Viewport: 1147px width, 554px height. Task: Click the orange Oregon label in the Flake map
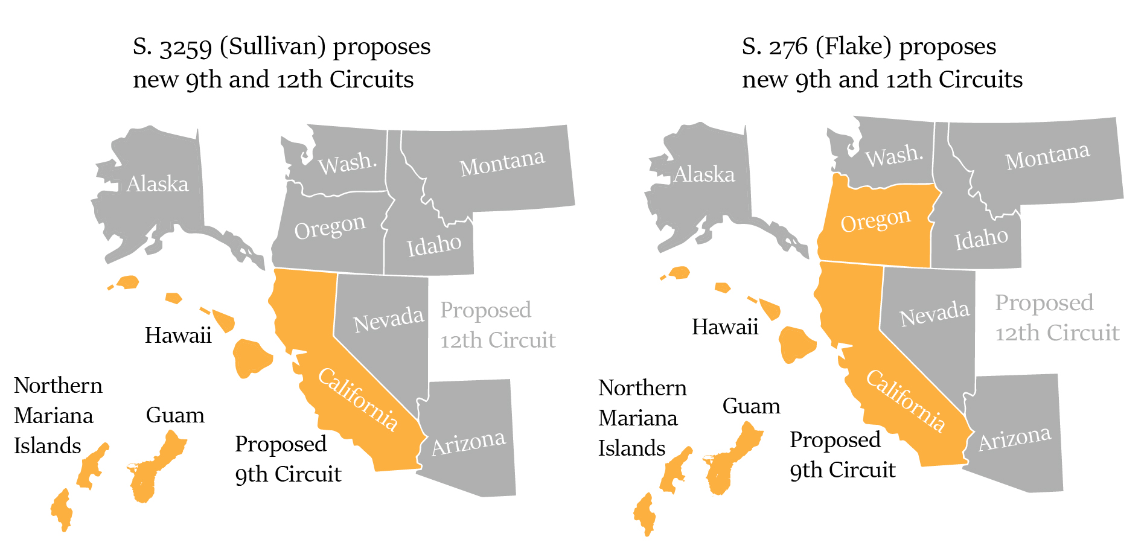[875, 220]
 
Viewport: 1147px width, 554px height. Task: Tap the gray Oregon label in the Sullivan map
[330, 228]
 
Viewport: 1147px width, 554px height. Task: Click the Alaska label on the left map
[157, 183]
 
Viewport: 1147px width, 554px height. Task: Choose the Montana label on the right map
[1047, 156]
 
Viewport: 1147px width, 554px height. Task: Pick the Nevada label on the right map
[934, 314]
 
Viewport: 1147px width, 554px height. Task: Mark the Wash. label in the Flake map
[893, 156]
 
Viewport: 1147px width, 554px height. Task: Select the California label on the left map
[357, 399]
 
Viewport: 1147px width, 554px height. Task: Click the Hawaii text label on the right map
[724, 327]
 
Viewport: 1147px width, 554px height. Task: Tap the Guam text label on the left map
[175, 415]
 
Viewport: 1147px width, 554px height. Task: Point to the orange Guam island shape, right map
[732, 462]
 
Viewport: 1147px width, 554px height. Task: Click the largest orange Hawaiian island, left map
[251, 357]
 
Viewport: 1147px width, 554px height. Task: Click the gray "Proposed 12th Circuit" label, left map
[497, 325]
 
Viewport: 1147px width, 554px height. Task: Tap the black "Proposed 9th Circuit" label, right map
[842, 454]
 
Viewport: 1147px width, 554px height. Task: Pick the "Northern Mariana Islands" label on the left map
[57, 416]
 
